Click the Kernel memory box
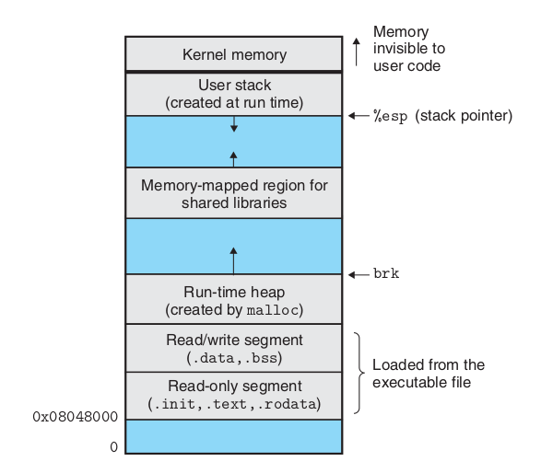(234, 54)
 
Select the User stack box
(234, 94)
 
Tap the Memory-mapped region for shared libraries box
(234, 193)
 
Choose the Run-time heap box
(234, 299)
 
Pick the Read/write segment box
(234, 348)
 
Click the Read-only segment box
(234, 396)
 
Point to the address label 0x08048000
(76, 417)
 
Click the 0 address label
(114, 447)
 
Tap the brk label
(386, 274)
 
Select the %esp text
(391, 116)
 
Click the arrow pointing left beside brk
(359, 274)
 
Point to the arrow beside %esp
(359, 116)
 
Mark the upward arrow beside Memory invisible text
(357, 52)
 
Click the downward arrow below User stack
(234, 124)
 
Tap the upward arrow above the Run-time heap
(233, 260)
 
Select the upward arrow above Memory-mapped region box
(233, 159)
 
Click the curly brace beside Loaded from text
(359, 373)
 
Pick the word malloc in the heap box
(273, 310)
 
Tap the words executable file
(421, 383)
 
